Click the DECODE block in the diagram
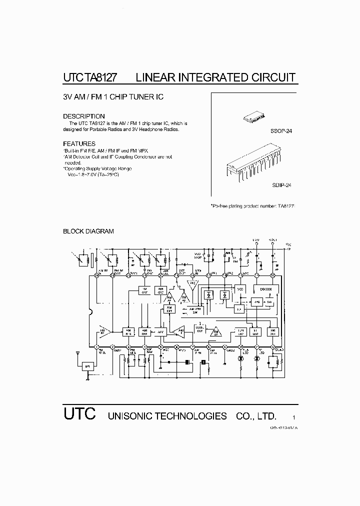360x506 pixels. (x=266, y=289)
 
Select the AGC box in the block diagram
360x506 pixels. (x=160, y=331)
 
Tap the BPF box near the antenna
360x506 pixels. (x=88, y=366)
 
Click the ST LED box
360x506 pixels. (x=257, y=331)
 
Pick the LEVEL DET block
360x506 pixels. (x=200, y=328)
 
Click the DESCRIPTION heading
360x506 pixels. (x=83, y=116)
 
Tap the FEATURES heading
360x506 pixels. (x=79, y=143)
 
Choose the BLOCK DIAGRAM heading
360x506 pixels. (x=88, y=231)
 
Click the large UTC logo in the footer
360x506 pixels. (x=79, y=414)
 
